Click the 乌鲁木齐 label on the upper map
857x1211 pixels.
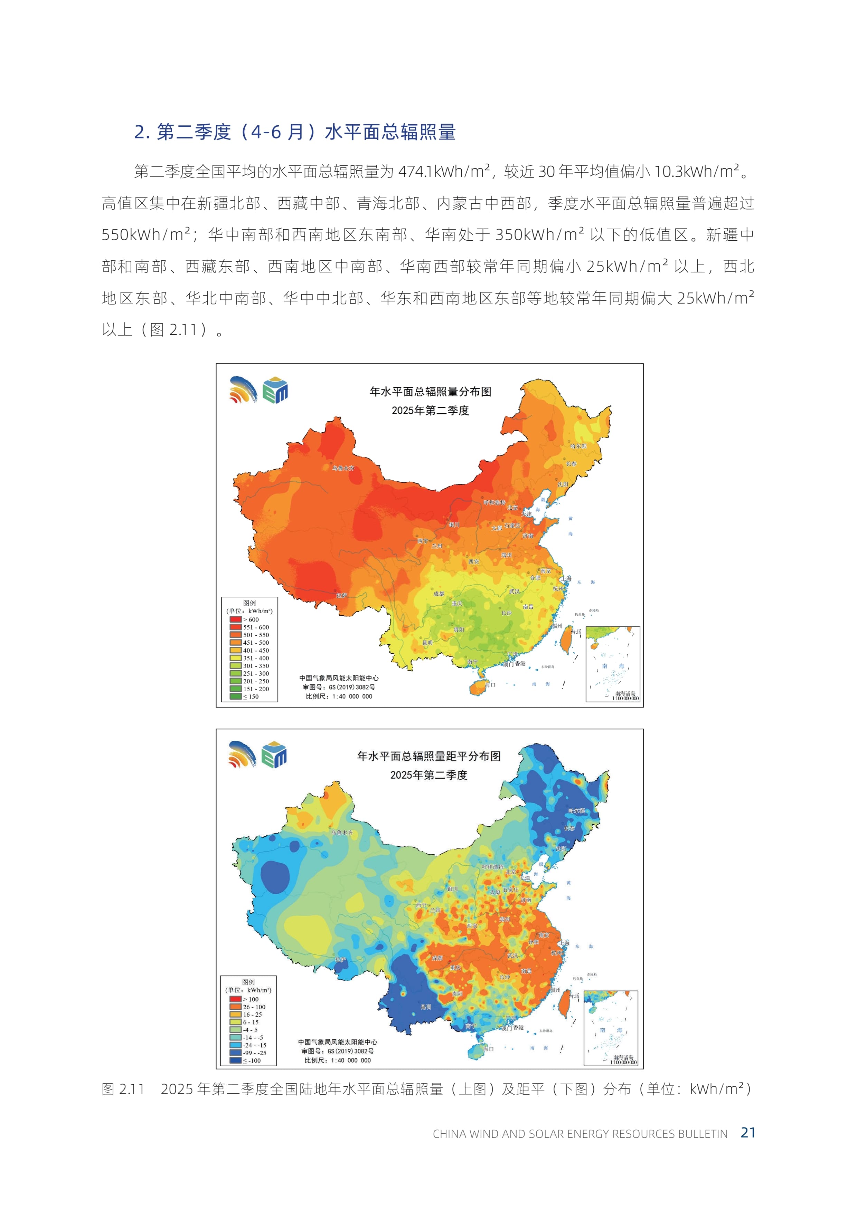343,468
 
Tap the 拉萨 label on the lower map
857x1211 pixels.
340,959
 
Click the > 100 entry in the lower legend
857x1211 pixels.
250,999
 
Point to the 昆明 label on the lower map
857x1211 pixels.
425,1007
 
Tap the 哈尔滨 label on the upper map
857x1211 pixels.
578,446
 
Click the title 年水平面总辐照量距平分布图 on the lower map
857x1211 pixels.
428,756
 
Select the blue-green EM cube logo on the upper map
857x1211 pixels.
275,390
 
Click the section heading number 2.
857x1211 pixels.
141,132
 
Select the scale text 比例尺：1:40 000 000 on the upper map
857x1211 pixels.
339,696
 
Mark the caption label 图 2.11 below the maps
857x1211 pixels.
122,1089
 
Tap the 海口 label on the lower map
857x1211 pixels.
488,1049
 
